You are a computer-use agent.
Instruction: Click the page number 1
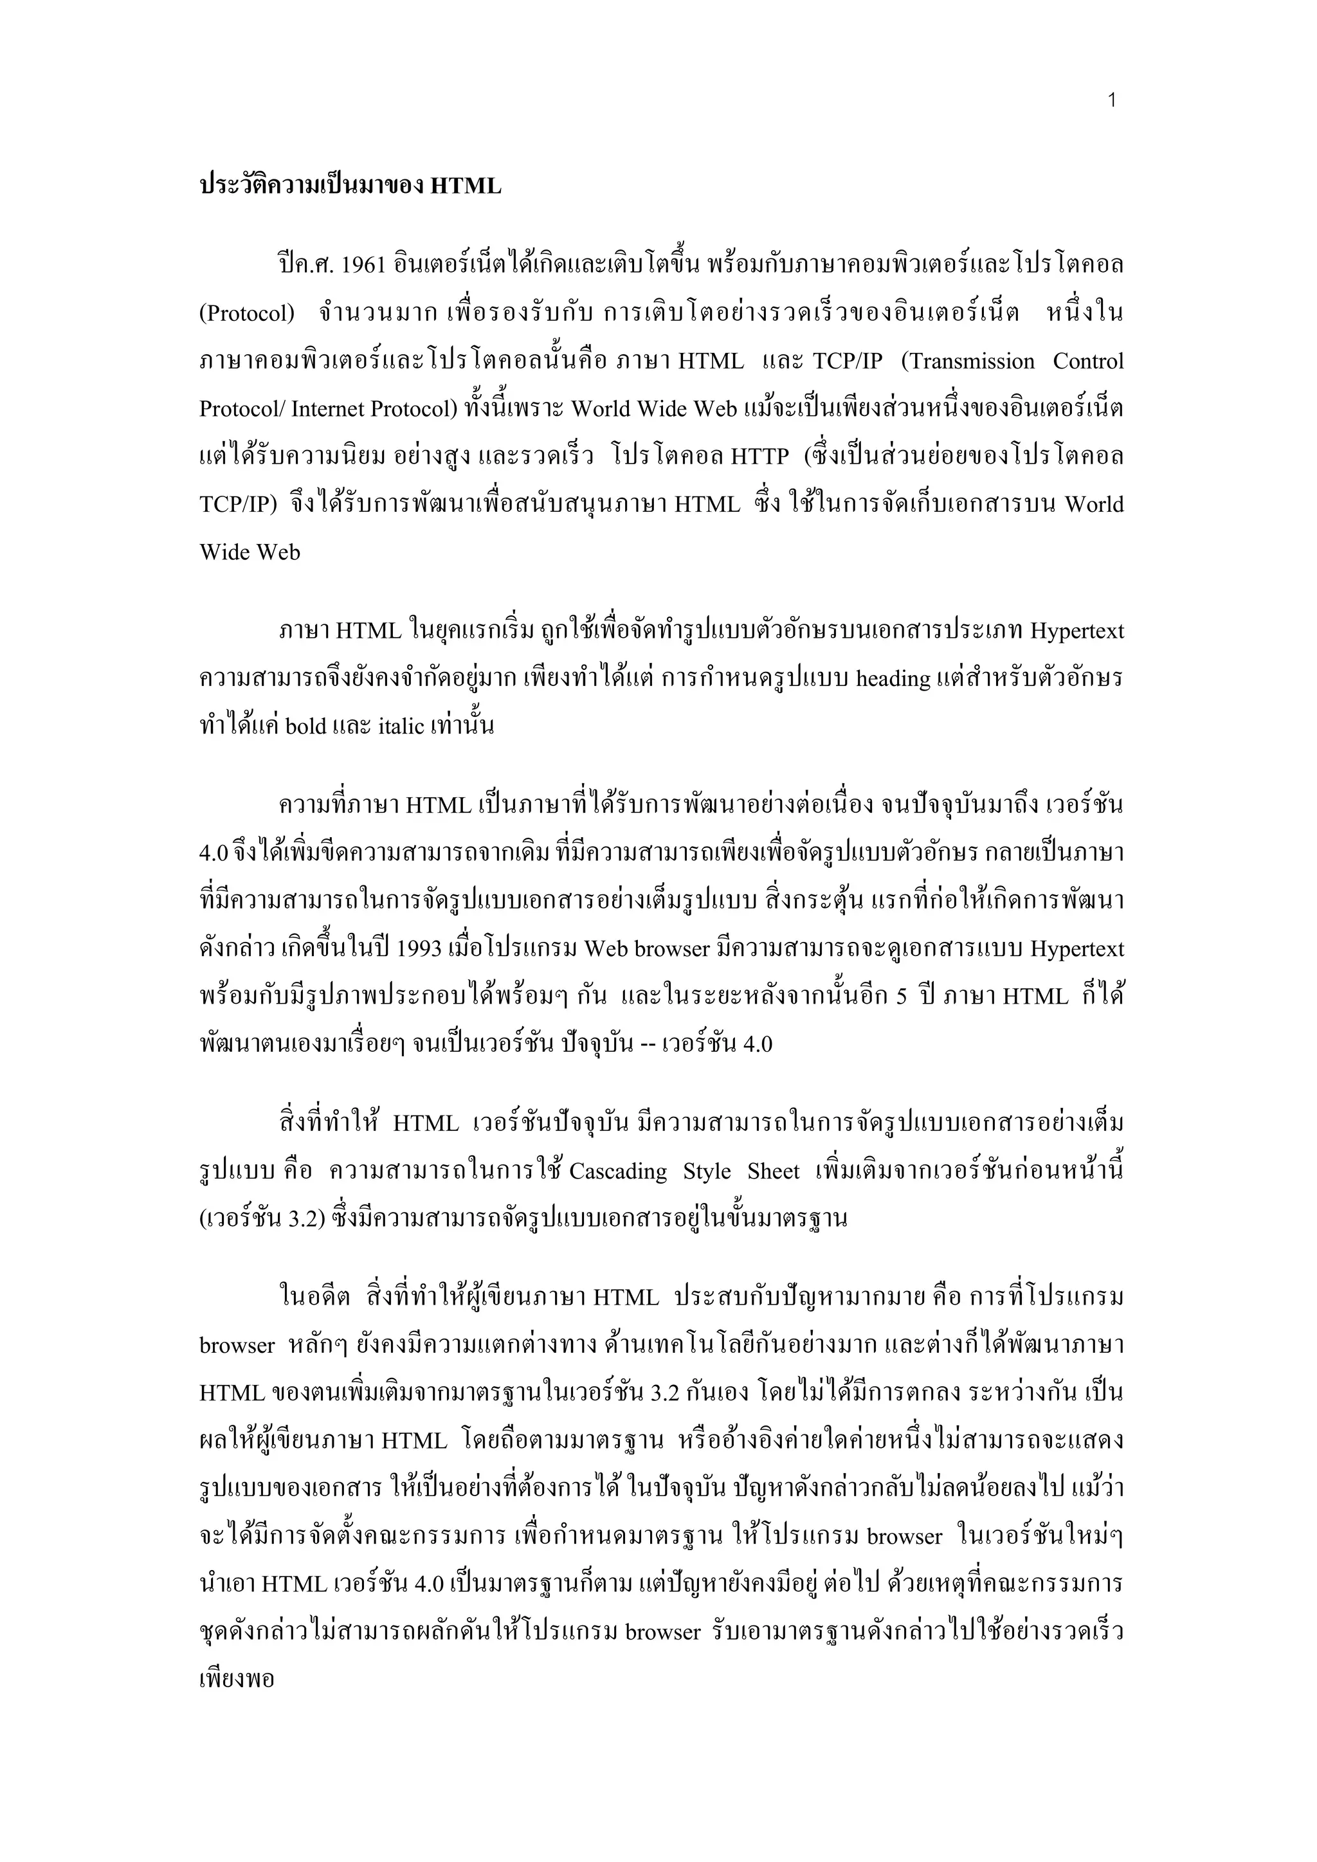(1112, 100)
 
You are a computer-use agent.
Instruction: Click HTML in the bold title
(466, 186)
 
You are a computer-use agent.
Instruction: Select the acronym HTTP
(759, 456)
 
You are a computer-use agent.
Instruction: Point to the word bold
(305, 726)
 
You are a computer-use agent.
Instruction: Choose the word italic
(401, 726)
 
